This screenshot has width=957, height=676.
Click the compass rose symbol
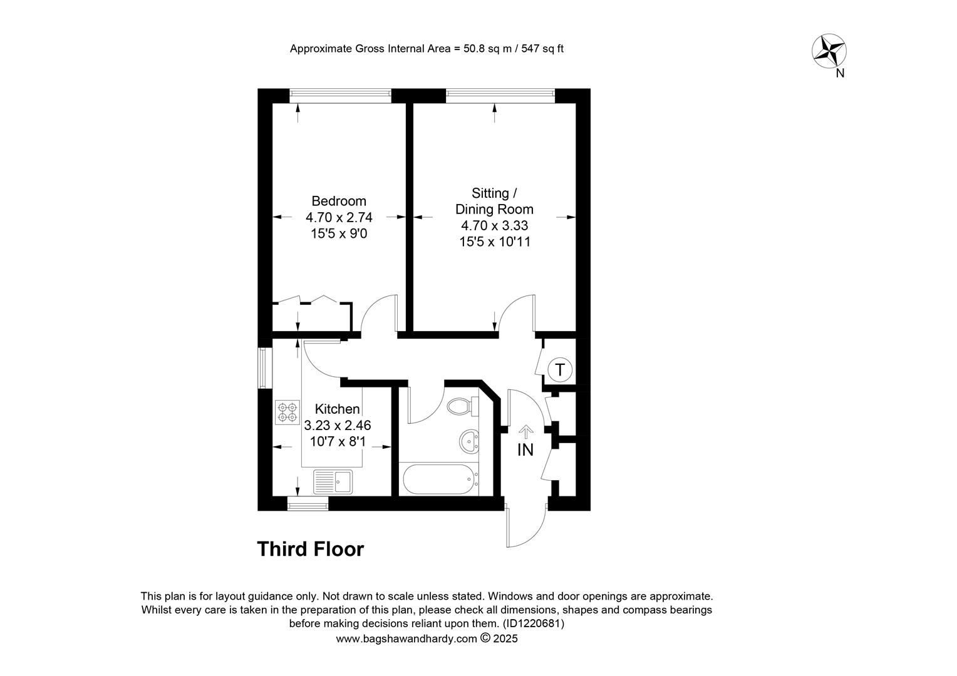pos(829,51)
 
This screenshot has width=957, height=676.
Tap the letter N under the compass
pos(840,73)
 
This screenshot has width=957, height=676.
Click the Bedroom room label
pos(339,201)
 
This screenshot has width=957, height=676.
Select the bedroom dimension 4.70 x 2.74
pos(339,218)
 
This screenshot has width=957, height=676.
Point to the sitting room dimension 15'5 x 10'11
pos(494,242)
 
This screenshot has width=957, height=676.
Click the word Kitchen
pos(337,409)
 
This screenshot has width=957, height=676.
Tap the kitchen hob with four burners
pos(287,412)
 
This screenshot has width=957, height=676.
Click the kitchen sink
pos(333,482)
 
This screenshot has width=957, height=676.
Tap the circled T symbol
pos(560,369)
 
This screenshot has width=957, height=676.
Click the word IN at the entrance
pos(525,450)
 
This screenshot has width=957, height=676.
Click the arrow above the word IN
pos(526,432)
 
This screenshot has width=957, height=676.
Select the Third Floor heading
pos(311,549)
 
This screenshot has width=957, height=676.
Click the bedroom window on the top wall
pos(340,96)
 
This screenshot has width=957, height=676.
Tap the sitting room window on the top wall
pos(500,96)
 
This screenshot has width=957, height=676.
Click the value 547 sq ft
pos(542,49)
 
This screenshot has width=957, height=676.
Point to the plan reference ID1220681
pos(534,623)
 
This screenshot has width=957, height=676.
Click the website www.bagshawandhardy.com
pos(406,639)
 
